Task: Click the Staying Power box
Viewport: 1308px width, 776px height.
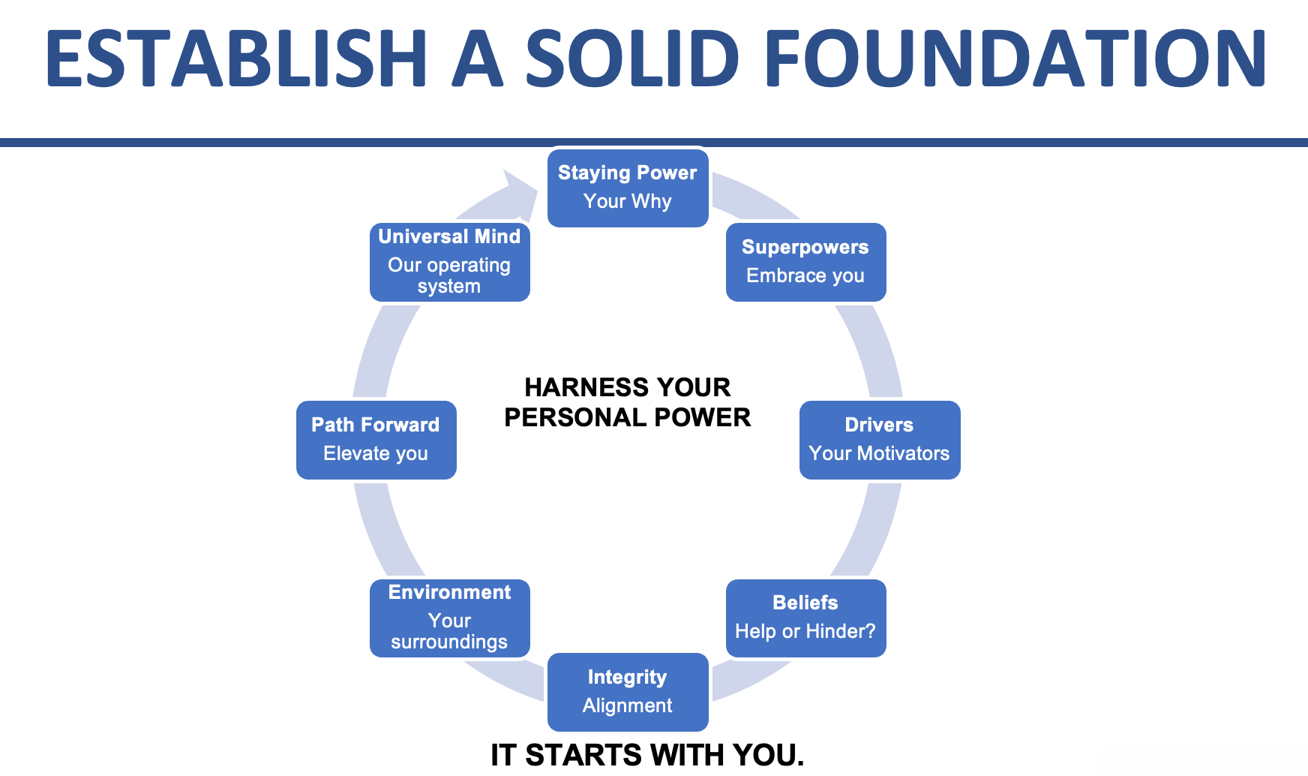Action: (x=628, y=188)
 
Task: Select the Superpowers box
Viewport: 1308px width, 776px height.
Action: (x=805, y=262)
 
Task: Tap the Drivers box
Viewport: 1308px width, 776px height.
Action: (x=879, y=440)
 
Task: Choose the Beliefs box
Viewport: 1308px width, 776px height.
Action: (x=805, y=618)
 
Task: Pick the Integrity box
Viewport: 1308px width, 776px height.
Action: (x=628, y=691)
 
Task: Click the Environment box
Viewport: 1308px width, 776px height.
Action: (x=449, y=618)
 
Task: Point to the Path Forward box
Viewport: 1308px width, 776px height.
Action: (x=376, y=440)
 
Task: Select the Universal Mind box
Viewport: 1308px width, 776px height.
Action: (x=449, y=262)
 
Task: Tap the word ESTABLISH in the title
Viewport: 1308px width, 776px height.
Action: (x=235, y=59)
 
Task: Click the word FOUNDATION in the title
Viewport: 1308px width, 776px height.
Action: (x=1014, y=59)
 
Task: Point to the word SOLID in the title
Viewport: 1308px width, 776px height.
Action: (x=631, y=59)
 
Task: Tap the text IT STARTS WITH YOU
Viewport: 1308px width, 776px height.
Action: (x=646, y=755)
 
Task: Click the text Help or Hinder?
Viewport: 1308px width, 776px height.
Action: (x=805, y=631)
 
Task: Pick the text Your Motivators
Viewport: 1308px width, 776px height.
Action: (x=879, y=453)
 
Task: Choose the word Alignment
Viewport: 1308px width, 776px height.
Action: (x=628, y=705)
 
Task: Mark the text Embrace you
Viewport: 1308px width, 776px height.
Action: (x=805, y=275)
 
